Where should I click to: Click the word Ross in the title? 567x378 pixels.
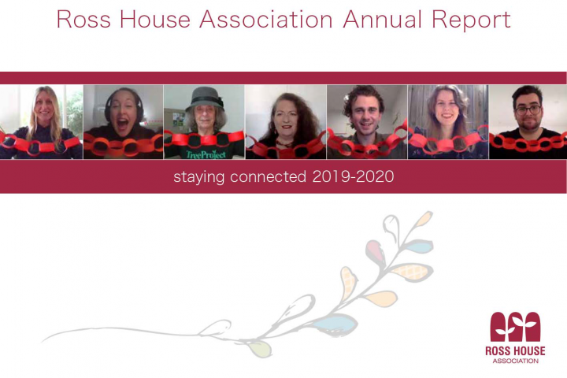(83, 20)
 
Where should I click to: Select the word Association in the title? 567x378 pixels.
(266, 20)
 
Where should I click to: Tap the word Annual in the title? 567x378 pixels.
(382, 20)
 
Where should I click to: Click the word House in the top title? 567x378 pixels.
(155, 20)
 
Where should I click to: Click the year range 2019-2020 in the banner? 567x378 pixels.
(353, 176)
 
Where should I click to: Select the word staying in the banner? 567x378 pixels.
(198, 178)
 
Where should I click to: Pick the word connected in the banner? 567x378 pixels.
(268, 176)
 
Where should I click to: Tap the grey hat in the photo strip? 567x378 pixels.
(204, 98)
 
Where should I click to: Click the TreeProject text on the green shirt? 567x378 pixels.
(206, 155)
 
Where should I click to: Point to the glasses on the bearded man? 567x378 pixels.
(528, 109)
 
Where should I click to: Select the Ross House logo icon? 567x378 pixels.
(515, 327)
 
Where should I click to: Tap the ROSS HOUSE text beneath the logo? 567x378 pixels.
(515, 351)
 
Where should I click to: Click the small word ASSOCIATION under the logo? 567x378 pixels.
(515, 361)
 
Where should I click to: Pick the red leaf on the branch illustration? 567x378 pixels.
(375, 251)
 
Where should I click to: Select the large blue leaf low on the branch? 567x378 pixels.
(335, 324)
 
